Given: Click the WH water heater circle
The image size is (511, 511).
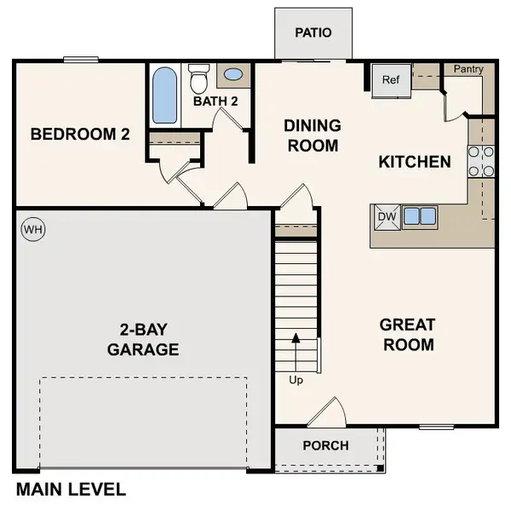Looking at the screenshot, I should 33,229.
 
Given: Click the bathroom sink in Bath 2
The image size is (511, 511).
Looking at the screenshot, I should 233,75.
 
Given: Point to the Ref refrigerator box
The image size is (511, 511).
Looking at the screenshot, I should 390,80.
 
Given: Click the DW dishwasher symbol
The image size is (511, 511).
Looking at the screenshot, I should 387,216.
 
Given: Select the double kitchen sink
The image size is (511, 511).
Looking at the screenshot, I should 418,216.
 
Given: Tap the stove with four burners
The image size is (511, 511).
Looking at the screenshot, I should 481,161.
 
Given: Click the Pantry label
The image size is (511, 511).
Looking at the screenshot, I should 468,68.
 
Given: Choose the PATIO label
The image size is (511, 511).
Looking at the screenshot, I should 312,33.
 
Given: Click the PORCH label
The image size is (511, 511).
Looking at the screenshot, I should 325,445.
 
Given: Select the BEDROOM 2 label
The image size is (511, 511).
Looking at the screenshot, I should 80,134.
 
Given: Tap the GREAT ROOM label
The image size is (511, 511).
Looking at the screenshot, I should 407,335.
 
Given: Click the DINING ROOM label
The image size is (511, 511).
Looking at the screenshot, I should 313,135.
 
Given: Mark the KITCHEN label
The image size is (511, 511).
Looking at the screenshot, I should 415,161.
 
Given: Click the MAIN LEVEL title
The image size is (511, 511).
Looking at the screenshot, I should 71,490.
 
